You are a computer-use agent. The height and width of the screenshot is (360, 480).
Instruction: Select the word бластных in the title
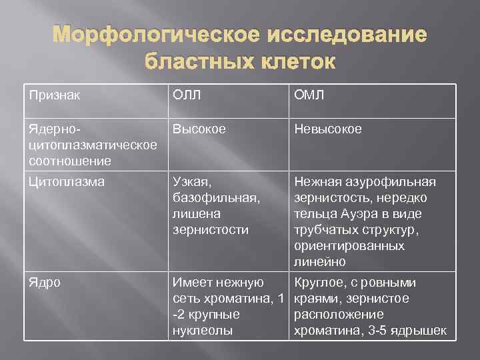pos(196,62)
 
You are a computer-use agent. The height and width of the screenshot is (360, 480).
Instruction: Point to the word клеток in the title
pos(294,62)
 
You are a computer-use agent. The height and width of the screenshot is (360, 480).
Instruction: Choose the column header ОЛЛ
pos(188,95)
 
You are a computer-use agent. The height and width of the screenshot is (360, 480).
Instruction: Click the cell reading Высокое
pos(199,129)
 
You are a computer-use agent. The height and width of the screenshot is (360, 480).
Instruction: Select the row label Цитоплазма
pos(67,182)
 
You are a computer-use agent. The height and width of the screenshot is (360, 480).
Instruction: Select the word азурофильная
pos(391,182)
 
